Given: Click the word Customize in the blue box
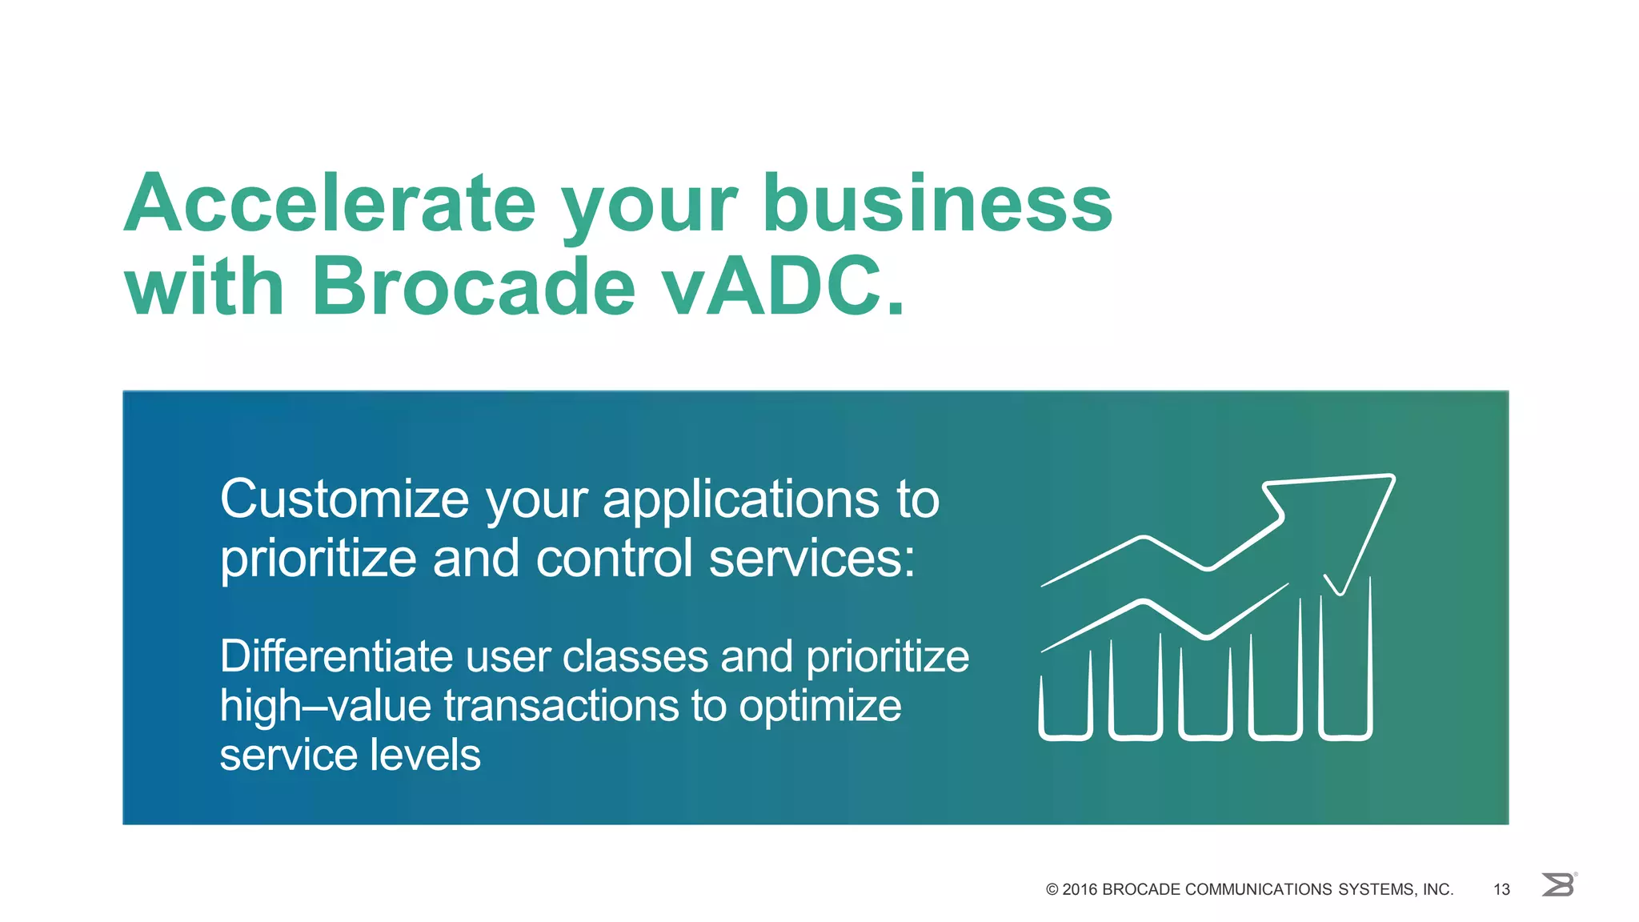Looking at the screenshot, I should pyautogui.click(x=344, y=500).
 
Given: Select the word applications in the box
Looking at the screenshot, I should pyautogui.click(x=740, y=500).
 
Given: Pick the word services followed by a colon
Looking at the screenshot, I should pyautogui.click(x=811, y=558).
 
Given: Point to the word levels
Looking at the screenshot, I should pyautogui.click(x=435, y=756).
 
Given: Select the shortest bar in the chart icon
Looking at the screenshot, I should pyautogui.click(x=1065, y=708).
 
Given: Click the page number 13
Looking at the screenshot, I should pyautogui.click(x=1501, y=889).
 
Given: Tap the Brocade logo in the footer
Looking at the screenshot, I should pyautogui.click(x=1558, y=885).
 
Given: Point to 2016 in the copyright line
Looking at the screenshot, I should pyautogui.click(x=1080, y=889).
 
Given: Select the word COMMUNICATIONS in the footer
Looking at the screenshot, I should pyautogui.click(x=1259, y=889).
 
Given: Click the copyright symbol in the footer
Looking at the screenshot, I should pyautogui.click(x=1052, y=889).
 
